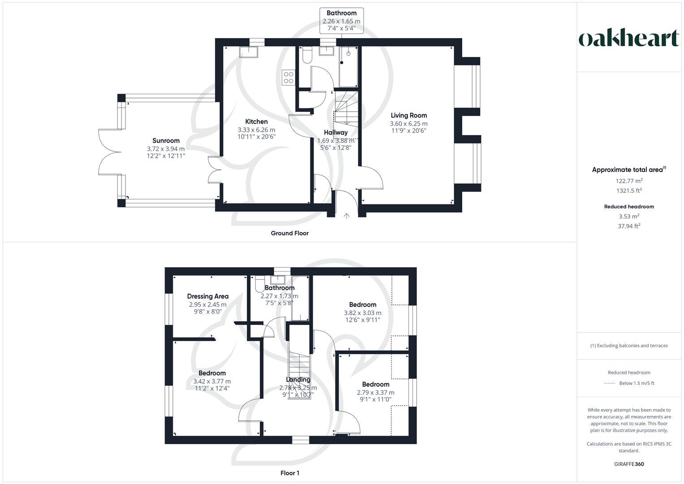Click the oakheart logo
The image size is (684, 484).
(628, 38)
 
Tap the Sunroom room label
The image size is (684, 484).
(166, 141)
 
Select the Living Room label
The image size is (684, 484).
(409, 116)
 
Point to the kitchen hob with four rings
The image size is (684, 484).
(288, 78)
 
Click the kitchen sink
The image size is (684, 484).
(249, 52)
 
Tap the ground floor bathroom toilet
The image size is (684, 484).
(307, 55)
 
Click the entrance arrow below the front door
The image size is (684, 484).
(346, 216)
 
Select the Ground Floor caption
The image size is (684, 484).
(289, 233)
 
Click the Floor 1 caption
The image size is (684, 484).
(289, 473)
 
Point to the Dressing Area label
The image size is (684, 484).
(208, 296)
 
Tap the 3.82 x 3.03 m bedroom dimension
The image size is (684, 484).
(362, 313)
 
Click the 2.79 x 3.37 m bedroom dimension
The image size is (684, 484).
(375, 393)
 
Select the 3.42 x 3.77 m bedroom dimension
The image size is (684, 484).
(212, 381)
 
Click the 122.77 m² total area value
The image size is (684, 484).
(629, 181)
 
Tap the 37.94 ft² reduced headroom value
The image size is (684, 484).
(629, 226)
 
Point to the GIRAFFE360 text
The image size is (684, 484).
(629, 464)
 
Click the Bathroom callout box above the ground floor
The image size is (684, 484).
(341, 21)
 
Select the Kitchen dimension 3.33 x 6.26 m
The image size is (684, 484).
(256, 130)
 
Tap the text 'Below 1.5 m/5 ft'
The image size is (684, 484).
(637, 383)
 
